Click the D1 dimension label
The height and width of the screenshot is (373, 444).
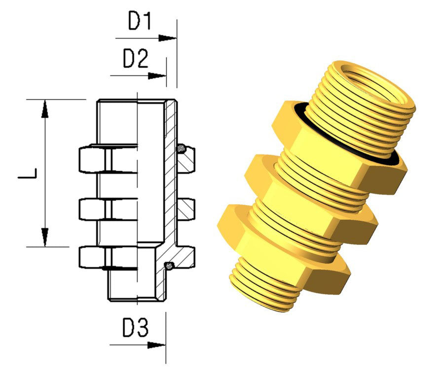coord(140,21)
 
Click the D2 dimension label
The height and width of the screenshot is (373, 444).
coord(136,59)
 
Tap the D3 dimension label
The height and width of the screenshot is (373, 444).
coord(135,328)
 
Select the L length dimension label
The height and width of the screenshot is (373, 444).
coord(28,173)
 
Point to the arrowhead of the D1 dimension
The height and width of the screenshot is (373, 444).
coord(167,38)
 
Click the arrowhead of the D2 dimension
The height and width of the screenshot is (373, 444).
coord(157,76)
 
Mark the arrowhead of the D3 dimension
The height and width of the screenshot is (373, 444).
coord(156,345)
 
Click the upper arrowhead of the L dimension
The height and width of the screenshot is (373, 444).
coord(44,108)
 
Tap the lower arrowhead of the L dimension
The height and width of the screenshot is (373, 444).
coord(44,237)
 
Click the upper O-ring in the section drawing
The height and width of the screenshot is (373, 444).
coord(181,148)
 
